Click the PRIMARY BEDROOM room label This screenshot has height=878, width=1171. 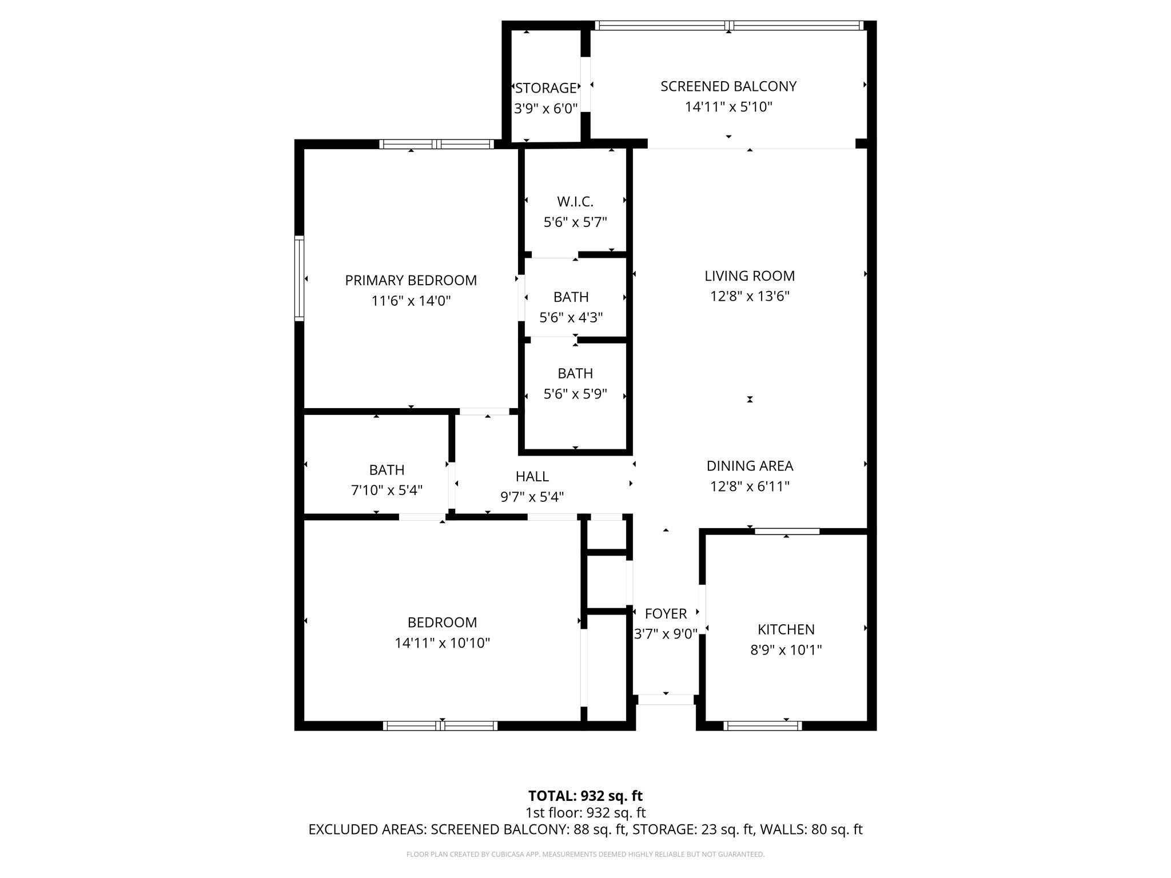coord(411,280)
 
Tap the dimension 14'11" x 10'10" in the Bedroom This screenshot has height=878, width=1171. coord(442,643)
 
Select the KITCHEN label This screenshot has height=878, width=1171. coord(786,629)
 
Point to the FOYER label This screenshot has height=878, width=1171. coord(666,614)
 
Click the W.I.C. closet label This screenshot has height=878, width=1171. coord(575,202)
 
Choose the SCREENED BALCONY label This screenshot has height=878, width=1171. coord(728,86)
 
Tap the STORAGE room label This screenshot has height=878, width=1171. coord(545,88)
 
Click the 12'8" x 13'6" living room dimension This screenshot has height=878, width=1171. coord(749,296)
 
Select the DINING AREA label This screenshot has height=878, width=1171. coord(749,466)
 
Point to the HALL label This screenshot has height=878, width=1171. coord(532,476)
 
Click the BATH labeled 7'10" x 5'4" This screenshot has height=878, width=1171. coord(387,470)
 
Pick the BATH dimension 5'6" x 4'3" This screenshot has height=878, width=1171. coord(571,317)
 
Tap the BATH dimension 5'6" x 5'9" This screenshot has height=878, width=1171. coord(575,394)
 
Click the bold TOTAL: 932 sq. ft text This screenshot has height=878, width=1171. coord(585,796)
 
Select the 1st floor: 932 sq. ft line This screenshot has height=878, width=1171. coord(585,812)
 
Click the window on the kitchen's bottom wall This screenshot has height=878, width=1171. coord(762,726)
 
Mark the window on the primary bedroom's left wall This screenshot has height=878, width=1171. coord(299,278)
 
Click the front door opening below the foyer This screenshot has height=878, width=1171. coord(666,700)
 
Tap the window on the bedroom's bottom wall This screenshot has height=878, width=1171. coord(440,726)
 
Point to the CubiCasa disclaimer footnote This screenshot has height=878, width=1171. coord(585,855)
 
